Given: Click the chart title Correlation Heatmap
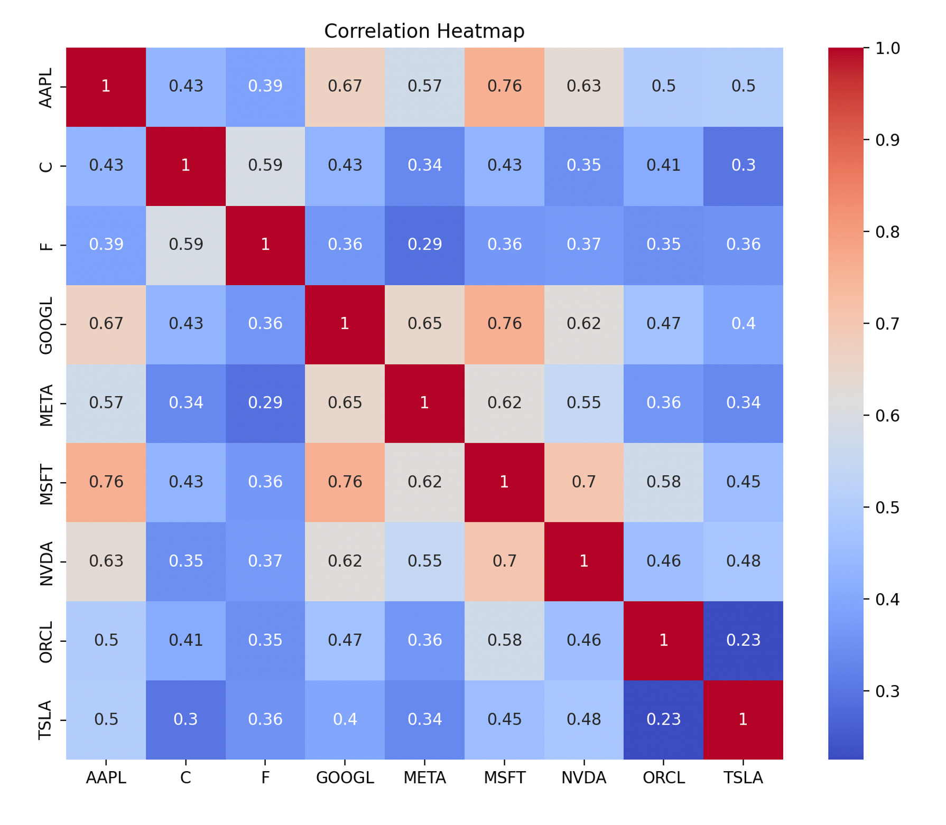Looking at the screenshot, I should pos(424,31).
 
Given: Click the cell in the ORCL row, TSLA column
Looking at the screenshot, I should pos(743,640).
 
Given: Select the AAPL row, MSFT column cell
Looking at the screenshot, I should pos(504,87).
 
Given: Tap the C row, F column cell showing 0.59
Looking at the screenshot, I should pos(265,166).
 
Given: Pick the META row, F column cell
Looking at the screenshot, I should pos(265,403).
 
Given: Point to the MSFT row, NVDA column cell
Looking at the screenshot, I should pos(583,482).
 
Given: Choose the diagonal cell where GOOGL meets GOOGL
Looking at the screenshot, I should pos(345,324).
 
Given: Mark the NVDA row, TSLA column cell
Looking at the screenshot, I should pos(743,561).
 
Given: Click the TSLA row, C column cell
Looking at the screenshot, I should pos(186,719).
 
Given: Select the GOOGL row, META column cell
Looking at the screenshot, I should pos(424,324).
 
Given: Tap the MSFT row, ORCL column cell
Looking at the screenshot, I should pos(663,482).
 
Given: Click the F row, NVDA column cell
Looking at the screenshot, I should pos(583,245).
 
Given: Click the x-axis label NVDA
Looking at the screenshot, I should pos(583,778).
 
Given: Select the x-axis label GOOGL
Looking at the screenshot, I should pos(345,778).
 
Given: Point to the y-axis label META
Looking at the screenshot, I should pos(47,405).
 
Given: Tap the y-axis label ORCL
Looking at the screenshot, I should pos(47,642).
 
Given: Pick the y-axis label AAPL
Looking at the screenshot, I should pos(47,88).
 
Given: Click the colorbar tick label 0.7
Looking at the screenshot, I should pos(887,324).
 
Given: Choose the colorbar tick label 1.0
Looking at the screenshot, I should pos(887,49).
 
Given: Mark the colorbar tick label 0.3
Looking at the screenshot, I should pos(887,691).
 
